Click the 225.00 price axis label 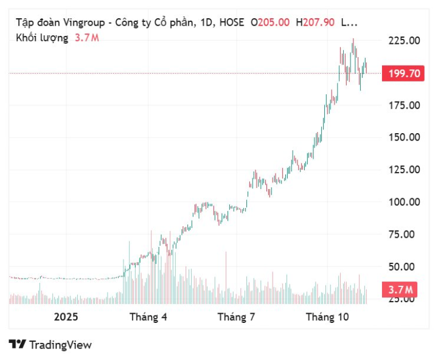click(404, 41)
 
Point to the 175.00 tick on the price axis click(404, 105)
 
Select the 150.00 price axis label click(404, 137)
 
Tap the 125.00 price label click(404, 170)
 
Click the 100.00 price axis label click(404, 202)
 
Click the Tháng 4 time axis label click(148, 317)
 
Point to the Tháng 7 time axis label click(236, 317)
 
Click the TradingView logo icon click(17, 344)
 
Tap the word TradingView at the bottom click(60, 345)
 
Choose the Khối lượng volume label click(42, 38)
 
